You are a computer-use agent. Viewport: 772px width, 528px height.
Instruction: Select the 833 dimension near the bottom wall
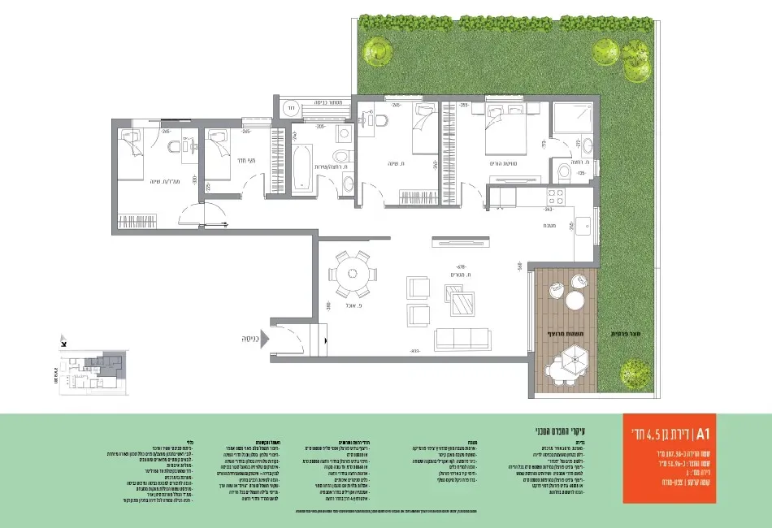[x=414, y=351]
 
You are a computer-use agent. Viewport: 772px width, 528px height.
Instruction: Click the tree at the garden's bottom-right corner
[x=635, y=374]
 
